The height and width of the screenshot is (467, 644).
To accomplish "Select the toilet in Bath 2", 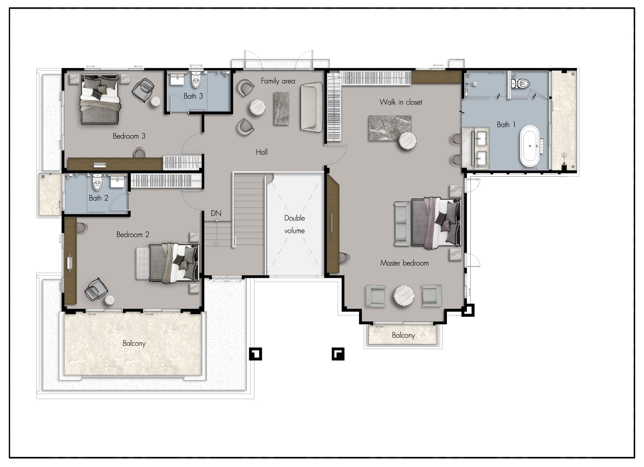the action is click(97, 182).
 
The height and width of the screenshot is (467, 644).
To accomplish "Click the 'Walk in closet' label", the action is click(400, 102).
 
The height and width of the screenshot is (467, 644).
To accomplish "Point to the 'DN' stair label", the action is click(216, 213).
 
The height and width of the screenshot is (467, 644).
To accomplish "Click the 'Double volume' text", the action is click(294, 224).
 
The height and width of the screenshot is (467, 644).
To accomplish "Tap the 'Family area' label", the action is click(278, 81).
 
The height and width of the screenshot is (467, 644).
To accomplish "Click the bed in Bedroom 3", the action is click(100, 99).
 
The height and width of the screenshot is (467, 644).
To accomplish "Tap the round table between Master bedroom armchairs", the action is click(404, 296).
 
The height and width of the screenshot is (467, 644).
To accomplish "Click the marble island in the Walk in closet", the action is click(390, 128).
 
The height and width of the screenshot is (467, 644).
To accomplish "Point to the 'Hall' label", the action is click(262, 152).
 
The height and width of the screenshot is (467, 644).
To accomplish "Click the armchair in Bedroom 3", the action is click(143, 89).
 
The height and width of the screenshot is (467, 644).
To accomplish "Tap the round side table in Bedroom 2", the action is click(109, 300).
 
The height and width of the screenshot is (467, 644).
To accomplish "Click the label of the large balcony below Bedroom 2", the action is click(134, 343).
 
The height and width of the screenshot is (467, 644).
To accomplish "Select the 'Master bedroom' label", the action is click(404, 263).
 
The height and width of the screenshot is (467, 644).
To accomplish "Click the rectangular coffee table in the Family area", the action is click(281, 109).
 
